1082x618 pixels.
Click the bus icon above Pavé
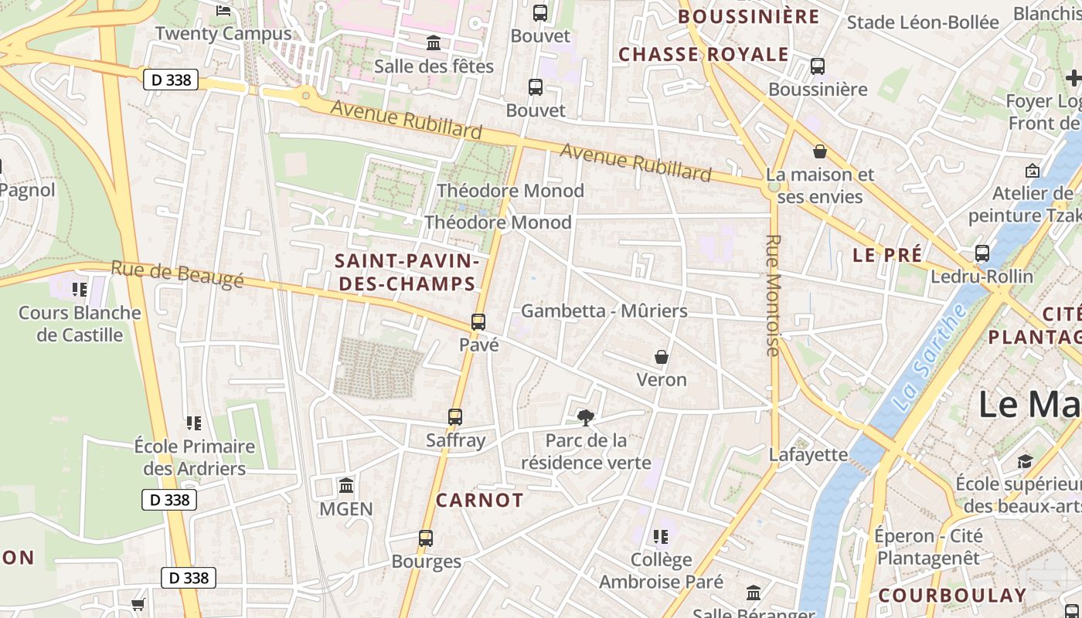coord(478,322)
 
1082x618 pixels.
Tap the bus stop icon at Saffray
coord(455,417)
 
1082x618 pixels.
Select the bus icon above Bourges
coord(426,538)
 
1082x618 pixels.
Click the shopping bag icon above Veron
coord(662,357)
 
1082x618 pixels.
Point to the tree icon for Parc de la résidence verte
coord(586,418)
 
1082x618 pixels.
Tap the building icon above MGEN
coord(346,486)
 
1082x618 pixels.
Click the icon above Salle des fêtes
coord(434,43)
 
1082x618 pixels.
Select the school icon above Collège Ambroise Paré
coord(661,536)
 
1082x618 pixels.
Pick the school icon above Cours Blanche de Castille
coord(80,290)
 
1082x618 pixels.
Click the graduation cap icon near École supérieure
coord(1025,461)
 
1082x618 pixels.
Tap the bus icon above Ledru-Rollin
coord(982,253)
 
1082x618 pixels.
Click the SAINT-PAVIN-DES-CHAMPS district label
coord(407,273)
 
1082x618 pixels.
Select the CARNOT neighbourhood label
coord(479,500)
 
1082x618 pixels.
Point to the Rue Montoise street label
coord(773,295)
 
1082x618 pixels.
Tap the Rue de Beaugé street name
coord(177,274)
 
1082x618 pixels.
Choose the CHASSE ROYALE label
coord(703,54)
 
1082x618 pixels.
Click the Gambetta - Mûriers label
coord(604,311)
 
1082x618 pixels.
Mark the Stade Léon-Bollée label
coord(923,22)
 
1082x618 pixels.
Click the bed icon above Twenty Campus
coord(223,11)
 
